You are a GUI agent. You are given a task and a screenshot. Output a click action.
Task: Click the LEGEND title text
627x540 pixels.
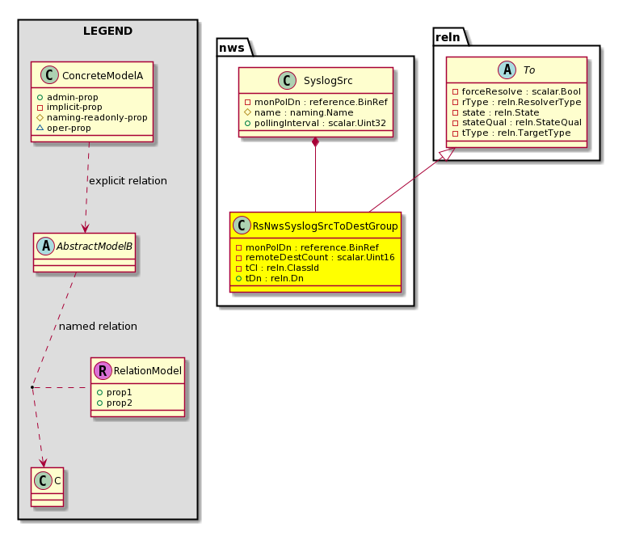pos(107,31)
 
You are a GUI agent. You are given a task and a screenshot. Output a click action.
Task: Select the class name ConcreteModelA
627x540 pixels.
pos(103,76)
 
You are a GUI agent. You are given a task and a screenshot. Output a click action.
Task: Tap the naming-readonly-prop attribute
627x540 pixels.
pos(97,117)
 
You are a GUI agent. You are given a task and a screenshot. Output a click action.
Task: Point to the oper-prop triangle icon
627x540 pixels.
pos(40,128)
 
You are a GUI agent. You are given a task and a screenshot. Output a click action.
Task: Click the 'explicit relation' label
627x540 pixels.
pos(128,181)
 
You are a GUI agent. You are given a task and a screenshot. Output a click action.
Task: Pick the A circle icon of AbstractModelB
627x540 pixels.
pos(46,246)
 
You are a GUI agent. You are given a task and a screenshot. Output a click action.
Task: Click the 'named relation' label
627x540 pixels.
pos(98,327)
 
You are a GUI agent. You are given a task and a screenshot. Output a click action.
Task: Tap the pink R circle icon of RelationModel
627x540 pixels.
pos(103,370)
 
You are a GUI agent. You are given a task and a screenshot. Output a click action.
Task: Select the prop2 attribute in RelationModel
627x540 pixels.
pos(119,403)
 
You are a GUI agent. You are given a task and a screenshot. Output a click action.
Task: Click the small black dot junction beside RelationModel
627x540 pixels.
pos(32,387)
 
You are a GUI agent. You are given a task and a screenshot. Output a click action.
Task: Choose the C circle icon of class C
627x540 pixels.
pos(43,480)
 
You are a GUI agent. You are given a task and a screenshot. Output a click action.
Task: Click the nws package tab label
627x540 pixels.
pos(232,48)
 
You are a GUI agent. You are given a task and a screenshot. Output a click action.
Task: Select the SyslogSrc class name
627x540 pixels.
pos(328,80)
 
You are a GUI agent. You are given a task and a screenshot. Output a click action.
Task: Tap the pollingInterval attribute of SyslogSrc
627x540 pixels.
pos(320,123)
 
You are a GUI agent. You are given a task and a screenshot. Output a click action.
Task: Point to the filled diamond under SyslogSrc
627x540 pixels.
pos(315,142)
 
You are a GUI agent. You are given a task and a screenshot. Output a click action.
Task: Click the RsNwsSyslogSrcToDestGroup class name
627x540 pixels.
pos(325,226)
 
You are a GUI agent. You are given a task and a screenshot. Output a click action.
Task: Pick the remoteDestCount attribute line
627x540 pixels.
pos(320,257)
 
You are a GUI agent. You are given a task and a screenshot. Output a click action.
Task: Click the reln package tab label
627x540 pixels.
pos(448,37)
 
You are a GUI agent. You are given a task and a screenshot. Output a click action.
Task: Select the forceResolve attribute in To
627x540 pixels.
pos(521,91)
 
